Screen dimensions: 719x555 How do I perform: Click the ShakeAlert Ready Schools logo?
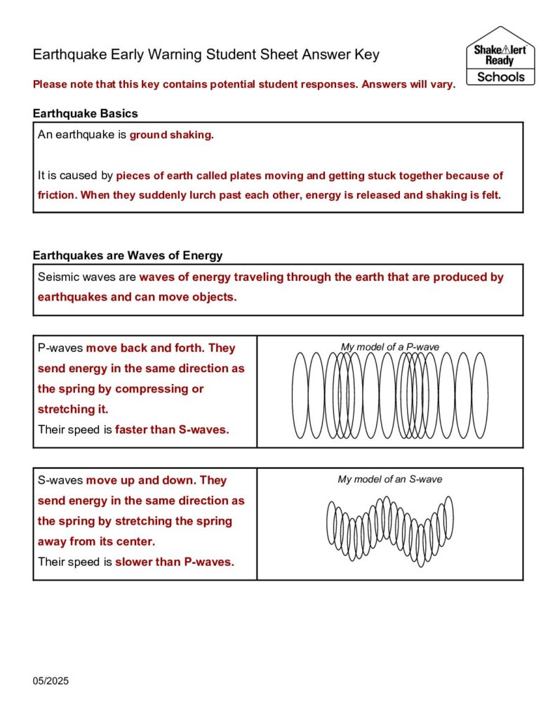tap(500, 56)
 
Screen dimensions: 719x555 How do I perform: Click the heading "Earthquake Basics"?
tap(85, 113)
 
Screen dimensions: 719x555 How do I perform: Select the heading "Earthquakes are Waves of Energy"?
tap(128, 256)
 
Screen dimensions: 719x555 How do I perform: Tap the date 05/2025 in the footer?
tap(51, 681)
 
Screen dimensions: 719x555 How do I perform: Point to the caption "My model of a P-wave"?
tap(389, 347)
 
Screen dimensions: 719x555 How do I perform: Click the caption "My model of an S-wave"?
tap(389, 480)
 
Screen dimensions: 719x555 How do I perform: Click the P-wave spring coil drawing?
tap(389, 395)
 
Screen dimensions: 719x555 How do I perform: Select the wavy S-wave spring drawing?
tap(389, 530)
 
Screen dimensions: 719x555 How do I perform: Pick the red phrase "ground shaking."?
tap(171, 135)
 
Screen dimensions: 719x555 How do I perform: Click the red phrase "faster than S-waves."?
tap(172, 430)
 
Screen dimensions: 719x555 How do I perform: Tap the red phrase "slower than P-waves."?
tap(174, 562)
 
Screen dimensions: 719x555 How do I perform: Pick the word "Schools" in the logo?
tap(500, 77)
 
